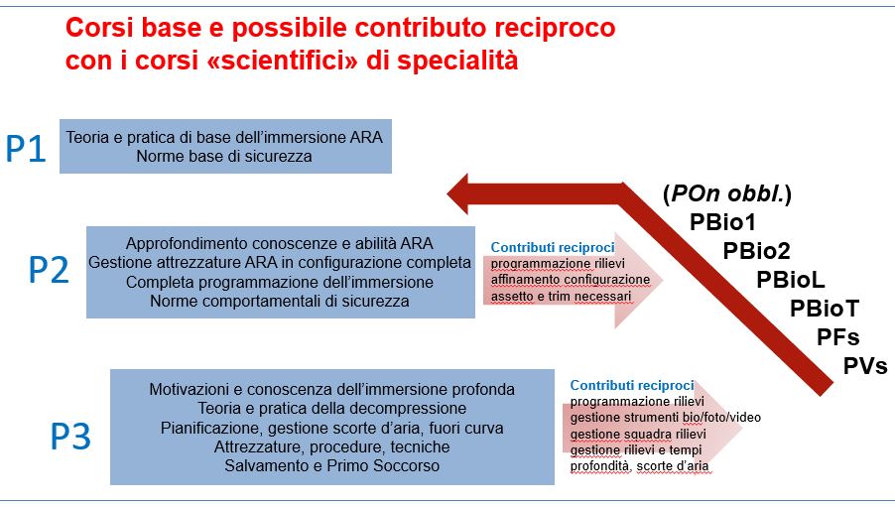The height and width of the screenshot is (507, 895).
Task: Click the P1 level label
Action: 26,149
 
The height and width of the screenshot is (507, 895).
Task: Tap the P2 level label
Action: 49,270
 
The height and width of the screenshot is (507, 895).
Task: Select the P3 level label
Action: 70,437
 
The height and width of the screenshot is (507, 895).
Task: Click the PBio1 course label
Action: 722,222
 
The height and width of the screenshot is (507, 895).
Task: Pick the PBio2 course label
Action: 757,251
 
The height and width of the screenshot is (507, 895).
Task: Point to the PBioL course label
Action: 791,280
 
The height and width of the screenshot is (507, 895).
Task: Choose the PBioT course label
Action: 825,309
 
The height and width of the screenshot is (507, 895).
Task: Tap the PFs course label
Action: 837,337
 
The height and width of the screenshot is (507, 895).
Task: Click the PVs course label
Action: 865,366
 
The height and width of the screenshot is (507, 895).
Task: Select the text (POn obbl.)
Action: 727,194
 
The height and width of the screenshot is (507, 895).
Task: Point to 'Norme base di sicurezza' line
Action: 224,157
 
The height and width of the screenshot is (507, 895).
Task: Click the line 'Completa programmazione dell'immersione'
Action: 280,282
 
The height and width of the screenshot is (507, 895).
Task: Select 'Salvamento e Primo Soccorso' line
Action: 332,466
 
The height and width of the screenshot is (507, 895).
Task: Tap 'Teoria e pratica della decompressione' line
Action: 332,408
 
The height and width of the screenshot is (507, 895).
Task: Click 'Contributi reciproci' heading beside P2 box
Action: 553,247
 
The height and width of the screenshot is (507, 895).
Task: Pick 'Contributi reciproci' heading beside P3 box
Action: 632,385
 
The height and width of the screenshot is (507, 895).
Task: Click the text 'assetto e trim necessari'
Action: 561,297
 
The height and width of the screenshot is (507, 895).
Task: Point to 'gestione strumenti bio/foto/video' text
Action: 666,418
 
